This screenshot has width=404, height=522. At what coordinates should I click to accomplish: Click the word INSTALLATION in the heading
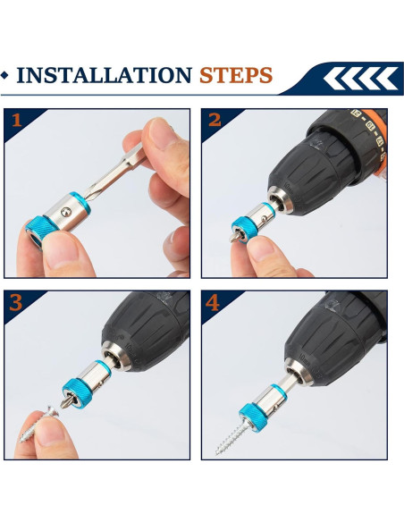coord(105,75)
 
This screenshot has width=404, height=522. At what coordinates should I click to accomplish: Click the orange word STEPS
coord(236,75)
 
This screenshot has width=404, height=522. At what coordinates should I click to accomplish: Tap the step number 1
coord(16,120)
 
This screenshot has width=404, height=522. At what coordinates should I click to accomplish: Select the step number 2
coord(215,120)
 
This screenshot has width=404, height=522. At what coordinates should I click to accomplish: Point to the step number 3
coord(15,303)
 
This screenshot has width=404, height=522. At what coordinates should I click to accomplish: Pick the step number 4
coord(213,303)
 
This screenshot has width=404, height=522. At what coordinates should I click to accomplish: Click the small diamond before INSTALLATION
coord(4,75)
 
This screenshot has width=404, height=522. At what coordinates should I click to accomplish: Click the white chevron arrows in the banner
coord(360,79)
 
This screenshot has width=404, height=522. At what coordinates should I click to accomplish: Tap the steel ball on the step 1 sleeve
coord(66,211)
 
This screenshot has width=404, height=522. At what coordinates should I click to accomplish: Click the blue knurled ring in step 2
coord(245,229)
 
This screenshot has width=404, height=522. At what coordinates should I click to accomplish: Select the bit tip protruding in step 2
coord(234,238)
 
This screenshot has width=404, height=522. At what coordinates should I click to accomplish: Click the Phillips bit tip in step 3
coord(67,402)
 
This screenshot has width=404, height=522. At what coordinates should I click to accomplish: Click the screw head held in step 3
coord(53,412)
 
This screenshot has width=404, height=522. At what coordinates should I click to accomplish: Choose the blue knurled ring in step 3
coord(76,393)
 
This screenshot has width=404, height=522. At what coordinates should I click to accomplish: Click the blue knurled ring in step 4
coord(253,417)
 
